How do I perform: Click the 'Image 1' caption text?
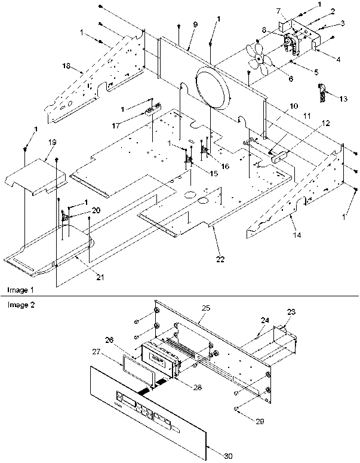[x=17, y=290]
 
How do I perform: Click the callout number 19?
[x=52, y=142]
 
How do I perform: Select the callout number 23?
[x=291, y=311]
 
